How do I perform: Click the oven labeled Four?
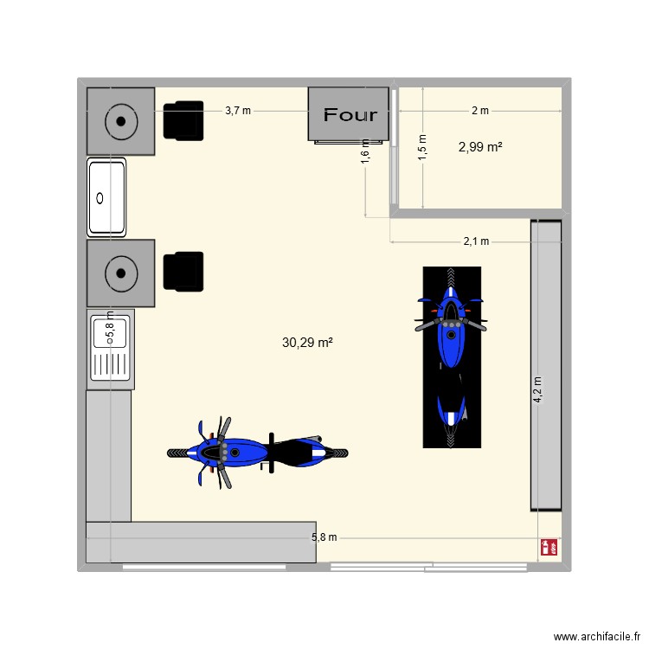point(350,114)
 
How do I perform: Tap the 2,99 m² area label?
point(480,147)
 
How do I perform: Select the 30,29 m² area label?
point(307,343)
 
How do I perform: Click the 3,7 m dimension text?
point(238,111)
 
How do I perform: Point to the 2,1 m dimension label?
point(476,241)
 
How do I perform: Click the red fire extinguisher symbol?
point(547,547)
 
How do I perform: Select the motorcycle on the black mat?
point(451,357)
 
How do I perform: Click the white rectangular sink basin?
point(106,197)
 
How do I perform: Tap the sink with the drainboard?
point(109,349)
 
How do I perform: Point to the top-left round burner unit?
point(120,121)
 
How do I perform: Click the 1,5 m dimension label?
point(422,145)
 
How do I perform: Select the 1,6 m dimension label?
point(365,151)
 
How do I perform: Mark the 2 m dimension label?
point(479,111)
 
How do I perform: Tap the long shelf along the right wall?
point(546,365)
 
